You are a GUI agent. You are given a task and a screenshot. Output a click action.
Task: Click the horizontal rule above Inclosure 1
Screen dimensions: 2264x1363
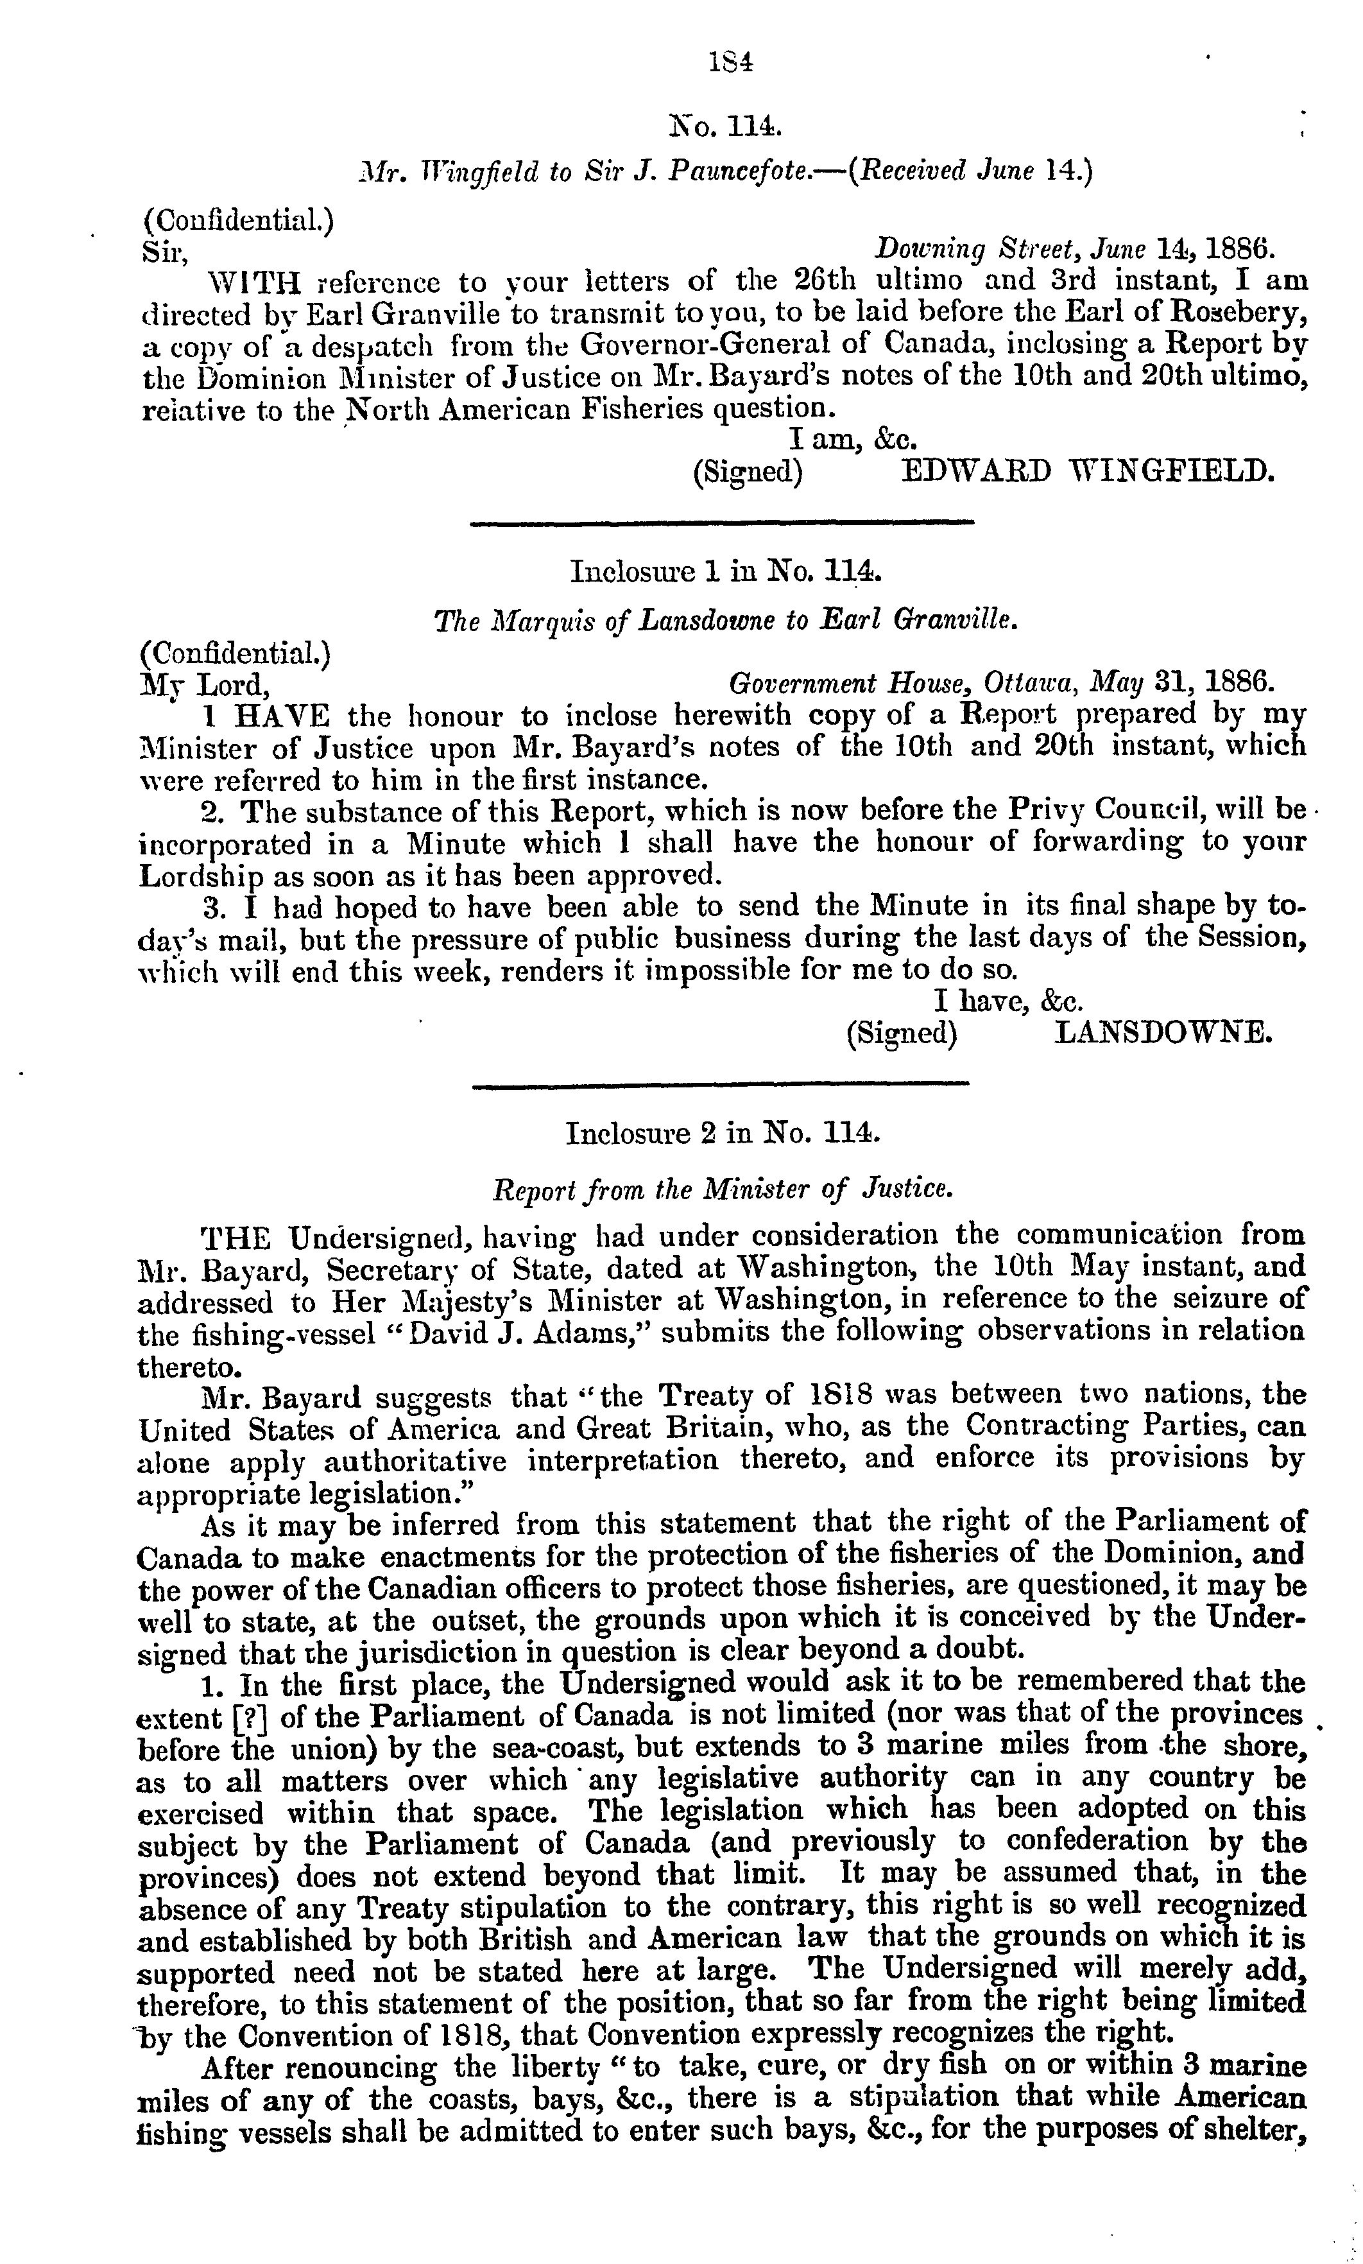(x=721, y=524)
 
